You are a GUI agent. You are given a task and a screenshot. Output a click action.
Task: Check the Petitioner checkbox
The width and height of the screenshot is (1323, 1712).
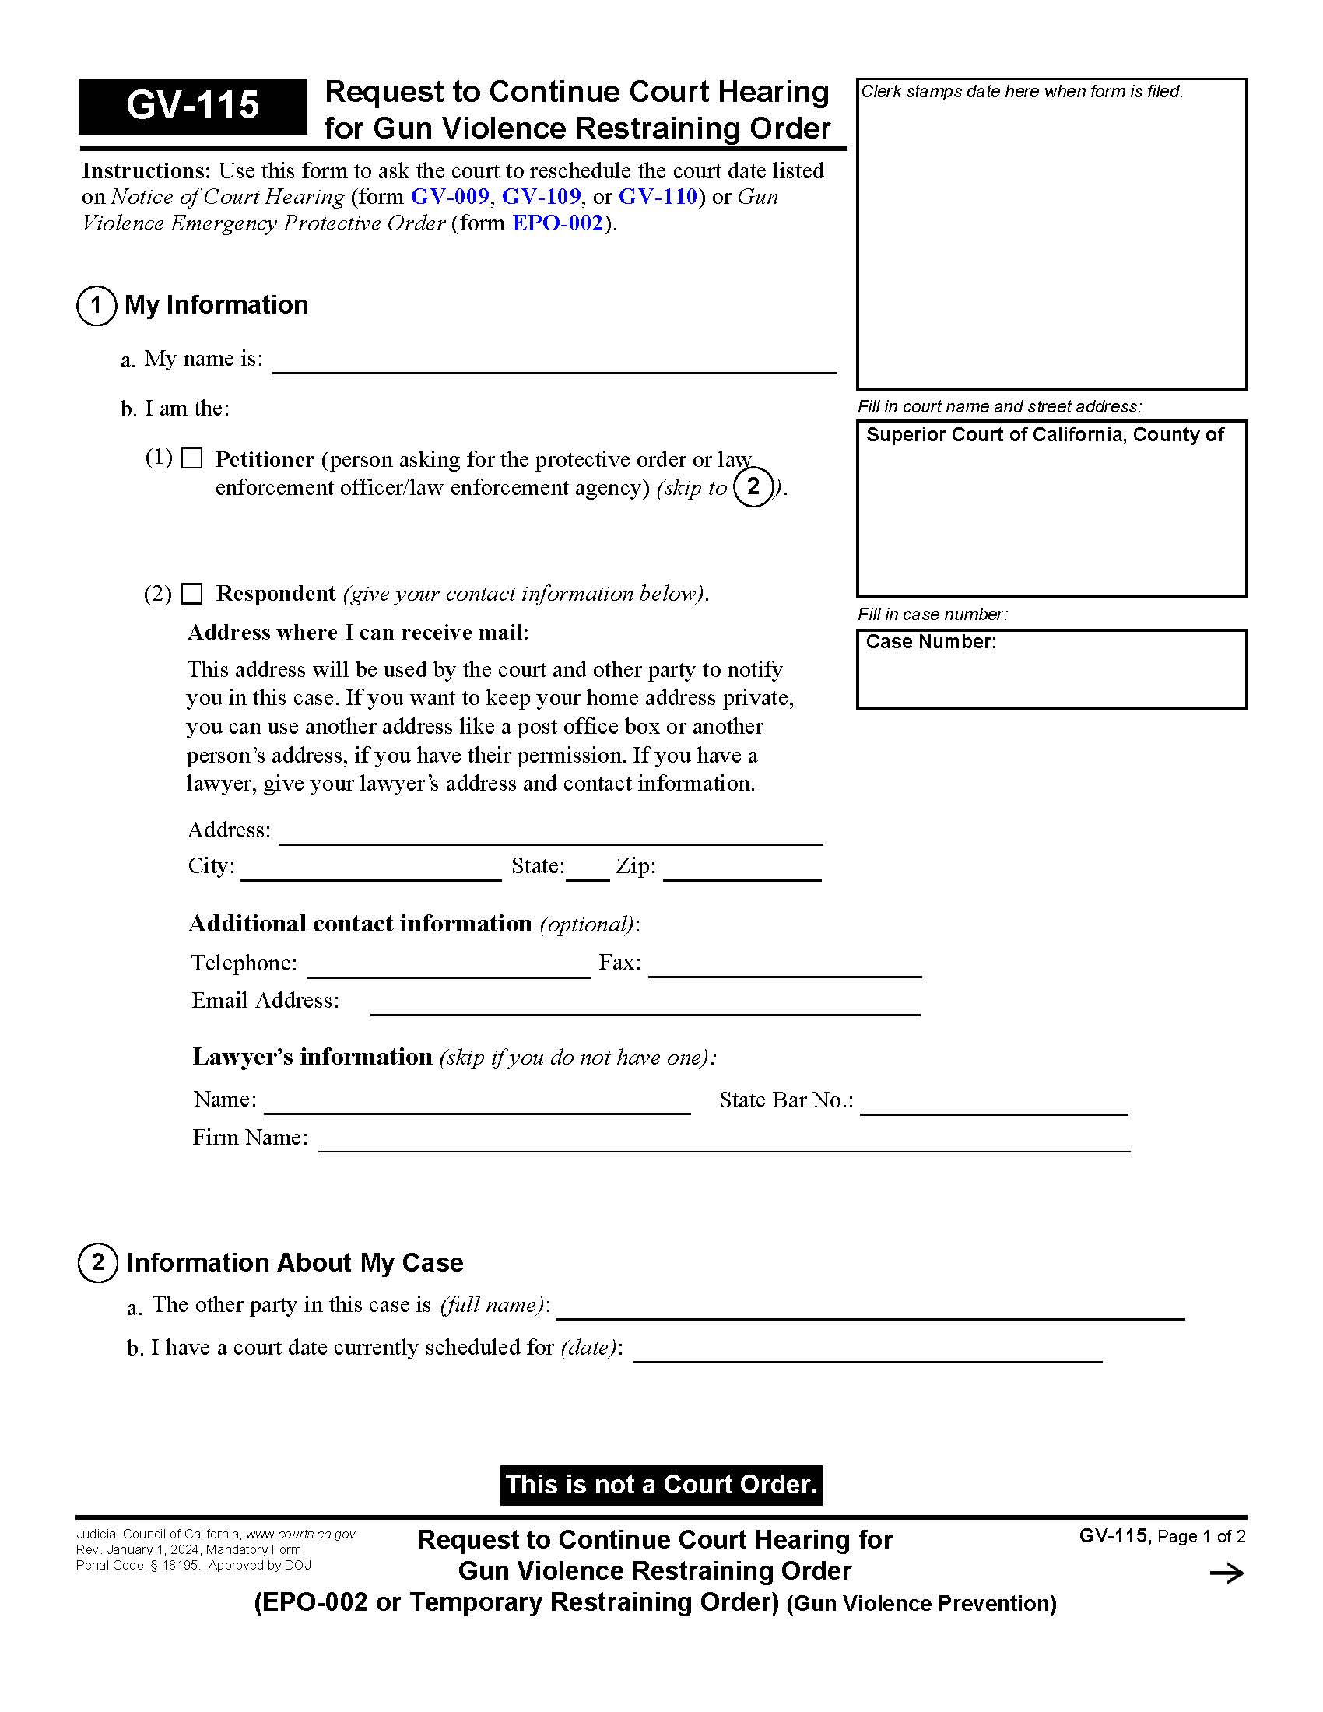coord(192,458)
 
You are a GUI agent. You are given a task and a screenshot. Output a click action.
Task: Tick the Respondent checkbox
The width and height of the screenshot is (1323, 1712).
coord(192,595)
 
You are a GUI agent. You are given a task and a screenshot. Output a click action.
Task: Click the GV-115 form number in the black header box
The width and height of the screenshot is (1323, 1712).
coord(193,106)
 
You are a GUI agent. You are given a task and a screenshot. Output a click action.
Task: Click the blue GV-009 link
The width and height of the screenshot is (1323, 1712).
coord(450,196)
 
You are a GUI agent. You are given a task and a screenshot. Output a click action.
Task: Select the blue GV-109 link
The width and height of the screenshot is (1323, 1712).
coord(541,196)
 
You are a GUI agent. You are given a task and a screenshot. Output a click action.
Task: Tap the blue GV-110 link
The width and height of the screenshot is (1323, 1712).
coord(658,196)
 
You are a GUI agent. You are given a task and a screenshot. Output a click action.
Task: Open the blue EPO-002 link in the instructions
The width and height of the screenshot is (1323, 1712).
coord(557,223)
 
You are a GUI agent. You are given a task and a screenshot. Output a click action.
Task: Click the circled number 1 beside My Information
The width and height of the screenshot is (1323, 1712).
coord(97,306)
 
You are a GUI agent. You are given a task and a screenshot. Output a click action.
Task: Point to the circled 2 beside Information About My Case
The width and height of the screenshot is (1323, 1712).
coord(98,1263)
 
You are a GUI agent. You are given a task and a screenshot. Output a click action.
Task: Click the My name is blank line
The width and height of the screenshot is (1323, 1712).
coord(554,363)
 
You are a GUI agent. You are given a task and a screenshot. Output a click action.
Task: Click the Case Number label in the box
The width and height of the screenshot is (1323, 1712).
coord(930,642)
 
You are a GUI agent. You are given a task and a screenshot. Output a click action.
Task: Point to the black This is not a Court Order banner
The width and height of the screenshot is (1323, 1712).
coord(661,1485)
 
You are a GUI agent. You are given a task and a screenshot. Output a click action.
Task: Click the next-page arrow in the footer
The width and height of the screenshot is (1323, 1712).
coord(1226,1573)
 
